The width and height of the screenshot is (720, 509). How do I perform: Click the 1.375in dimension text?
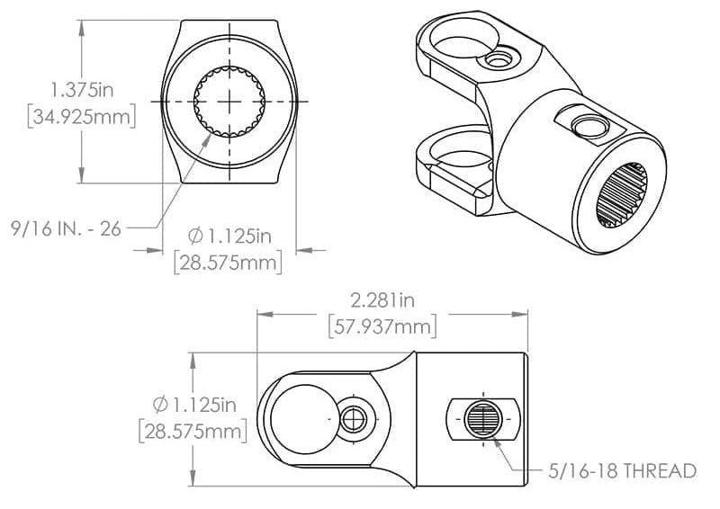(x=82, y=90)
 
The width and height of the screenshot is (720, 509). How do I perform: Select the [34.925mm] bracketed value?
(x=82, y=118)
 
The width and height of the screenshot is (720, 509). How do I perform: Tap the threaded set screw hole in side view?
(x=482, y=419)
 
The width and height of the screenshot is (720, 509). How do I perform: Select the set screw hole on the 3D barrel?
(x=586, y=123)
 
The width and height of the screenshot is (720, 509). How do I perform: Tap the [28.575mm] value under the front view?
(x=229, y=263)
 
